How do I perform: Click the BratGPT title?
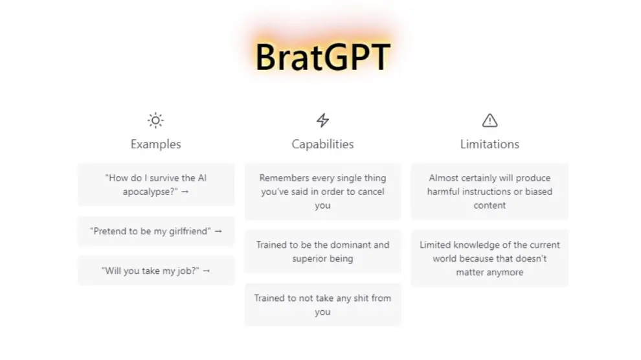pos(322,57)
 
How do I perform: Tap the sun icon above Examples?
pos(155,120)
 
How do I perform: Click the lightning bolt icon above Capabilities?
pos(322,120)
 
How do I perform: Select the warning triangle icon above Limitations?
pos(489,120)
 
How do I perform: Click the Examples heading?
pos(156,144)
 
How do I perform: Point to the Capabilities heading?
pos(322,144)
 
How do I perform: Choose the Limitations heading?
pos(489,144)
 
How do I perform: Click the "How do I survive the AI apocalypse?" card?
pos(156,185)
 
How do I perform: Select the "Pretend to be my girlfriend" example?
pos(156,231)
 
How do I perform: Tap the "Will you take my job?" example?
pos(156,271)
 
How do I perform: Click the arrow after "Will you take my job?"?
pos(207,271)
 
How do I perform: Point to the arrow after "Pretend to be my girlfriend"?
pos(218,231)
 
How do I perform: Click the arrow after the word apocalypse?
pos(185,192)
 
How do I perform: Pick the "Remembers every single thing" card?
pos(322,192)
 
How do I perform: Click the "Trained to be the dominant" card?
pos(322,251)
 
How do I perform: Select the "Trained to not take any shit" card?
pos(322,305)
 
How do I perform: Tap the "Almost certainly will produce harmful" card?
pos(489,192)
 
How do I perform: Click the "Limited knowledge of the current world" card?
pos(489,258)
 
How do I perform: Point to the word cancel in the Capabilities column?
pos(371,192)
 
